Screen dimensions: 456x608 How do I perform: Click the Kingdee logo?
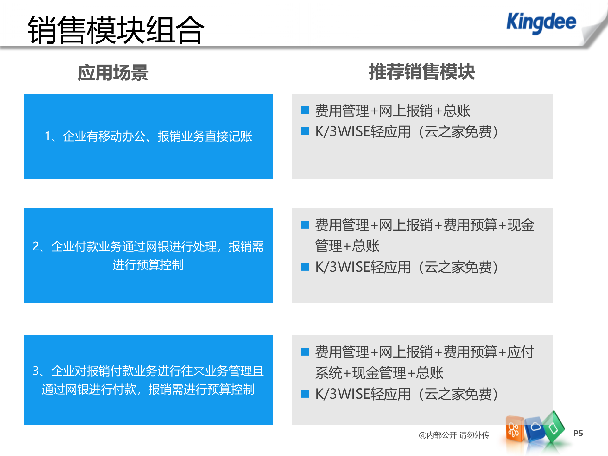pos(541,22)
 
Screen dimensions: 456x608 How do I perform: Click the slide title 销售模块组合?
pos(116,30)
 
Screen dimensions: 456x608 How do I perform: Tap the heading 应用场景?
pos(113,73)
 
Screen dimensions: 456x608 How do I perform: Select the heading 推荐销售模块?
pos(422,72)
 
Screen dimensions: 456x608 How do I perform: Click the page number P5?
pos(578,433)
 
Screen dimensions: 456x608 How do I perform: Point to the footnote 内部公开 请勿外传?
pos(454,435)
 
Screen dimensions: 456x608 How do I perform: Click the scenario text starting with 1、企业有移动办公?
pos(148,136)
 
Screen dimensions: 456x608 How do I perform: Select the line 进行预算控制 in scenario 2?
pos(148,265)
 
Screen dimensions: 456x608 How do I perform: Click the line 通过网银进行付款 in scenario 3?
pos(148,389)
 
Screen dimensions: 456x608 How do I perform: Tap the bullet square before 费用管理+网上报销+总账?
pos(305,110)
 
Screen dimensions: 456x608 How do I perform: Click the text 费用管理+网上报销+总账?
pos(393,111)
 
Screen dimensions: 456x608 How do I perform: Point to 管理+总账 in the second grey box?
pos(347,246)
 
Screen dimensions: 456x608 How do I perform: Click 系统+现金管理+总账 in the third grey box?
pos(379,373)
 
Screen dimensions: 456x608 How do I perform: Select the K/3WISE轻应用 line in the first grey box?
pos(407,132)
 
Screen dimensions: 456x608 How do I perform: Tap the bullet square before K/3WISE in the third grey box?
pos(305,394)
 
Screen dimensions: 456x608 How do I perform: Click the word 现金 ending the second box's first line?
pos(521,225)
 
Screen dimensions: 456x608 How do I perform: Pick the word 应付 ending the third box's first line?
pos(521,352)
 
